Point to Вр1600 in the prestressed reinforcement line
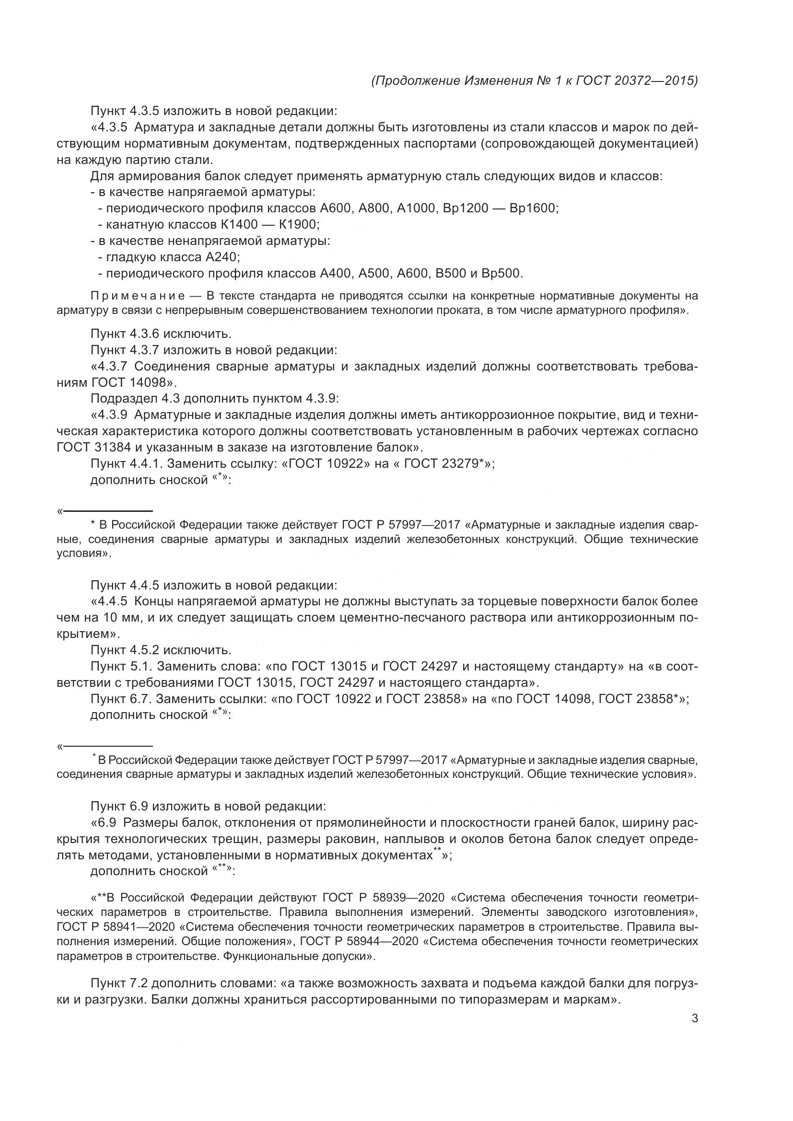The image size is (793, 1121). tap(533, 208)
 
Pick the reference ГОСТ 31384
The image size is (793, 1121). tap(94, 447)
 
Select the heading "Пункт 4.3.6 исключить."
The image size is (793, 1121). tap(161, 334)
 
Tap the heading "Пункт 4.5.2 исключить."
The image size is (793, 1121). tap(161, 650)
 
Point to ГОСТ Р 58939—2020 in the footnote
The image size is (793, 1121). tap(384, 898)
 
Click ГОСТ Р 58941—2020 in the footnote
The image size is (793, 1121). tap(117, 927)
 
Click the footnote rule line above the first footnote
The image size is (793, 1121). tap(107, 511)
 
